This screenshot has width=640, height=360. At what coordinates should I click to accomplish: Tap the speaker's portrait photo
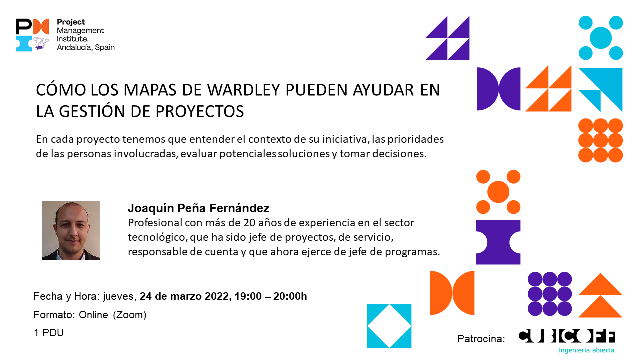[71, 230]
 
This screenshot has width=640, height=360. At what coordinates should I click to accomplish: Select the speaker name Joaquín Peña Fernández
[198, 208]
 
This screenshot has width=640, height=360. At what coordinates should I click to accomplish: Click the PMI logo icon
[32, 35]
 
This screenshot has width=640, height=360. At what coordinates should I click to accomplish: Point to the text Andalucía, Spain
[86, 47]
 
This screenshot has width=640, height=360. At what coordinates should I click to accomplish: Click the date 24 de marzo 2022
[184, 296]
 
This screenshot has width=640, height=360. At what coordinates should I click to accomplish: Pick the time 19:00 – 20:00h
[271, 296]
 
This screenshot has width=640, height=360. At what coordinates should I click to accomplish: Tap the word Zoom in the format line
[129, 315]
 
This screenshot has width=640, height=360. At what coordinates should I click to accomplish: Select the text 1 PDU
[48, 333]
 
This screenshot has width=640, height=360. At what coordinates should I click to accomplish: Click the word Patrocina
[481, 339]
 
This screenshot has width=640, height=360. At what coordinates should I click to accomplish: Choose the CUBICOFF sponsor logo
[567, 336]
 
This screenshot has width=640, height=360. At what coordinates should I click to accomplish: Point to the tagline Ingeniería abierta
[586, 350]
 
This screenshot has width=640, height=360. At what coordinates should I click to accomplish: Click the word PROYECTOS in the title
[200, 111]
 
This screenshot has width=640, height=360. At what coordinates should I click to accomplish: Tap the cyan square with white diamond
[389, 326]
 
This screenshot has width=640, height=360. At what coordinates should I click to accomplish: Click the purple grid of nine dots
[550, 294]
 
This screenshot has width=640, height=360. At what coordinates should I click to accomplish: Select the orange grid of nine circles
[600, 140]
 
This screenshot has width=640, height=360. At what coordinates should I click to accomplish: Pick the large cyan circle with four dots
[601, 38]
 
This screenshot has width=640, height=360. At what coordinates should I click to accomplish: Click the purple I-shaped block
[498, 242]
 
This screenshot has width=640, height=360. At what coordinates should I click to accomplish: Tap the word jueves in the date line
[118, 297]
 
